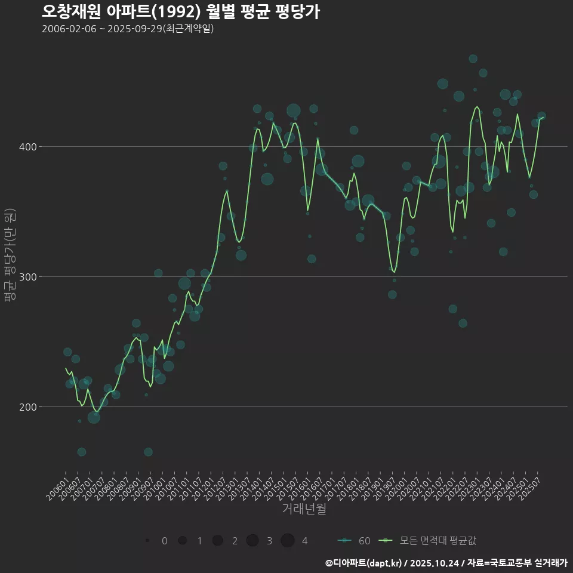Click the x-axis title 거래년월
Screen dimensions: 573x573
pyautogui.click(x=304, y=509)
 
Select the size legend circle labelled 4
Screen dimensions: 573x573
pyautogui.click(x=288, y=541)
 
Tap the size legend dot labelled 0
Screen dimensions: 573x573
pyautogui.click(x=147, y=541)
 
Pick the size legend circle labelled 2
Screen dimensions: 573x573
pyautogui.click(x=217, y=541)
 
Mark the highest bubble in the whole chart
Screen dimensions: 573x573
pyautogui.click(x=473, y=58)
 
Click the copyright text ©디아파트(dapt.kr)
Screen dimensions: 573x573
pyautogui.click(x=363, y=563)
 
